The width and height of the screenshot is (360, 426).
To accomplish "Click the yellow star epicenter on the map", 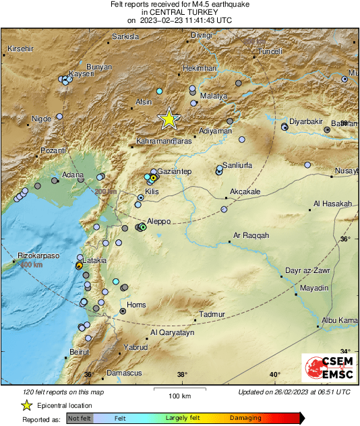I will (x=169, y=119).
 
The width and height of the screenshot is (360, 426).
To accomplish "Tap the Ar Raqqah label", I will (x=251, y=235).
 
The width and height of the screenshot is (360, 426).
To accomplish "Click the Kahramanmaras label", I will (x=164, y=142).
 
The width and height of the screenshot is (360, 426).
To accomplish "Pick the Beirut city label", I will (x=79, y=353).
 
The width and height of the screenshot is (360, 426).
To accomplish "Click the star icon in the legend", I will (x=26, y=405).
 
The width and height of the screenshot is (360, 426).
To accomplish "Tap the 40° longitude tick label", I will (x=274, y=375).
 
